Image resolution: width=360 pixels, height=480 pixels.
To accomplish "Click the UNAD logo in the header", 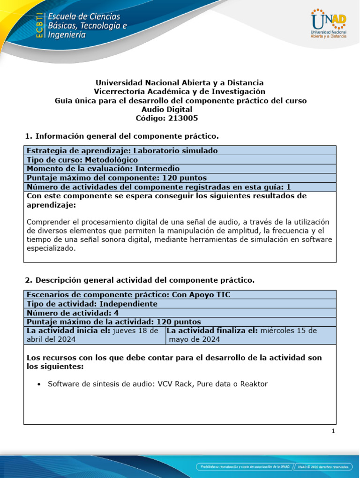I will [x=328, y=23].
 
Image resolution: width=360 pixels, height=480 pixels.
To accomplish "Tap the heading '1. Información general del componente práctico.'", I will [x=121, y=136].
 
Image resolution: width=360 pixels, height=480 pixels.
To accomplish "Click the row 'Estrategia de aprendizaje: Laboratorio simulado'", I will [x=122, y=150].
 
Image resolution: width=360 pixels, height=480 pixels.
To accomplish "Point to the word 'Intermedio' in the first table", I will [x=157, y=169].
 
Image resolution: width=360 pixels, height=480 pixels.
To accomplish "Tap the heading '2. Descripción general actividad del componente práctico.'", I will [x=139, y=280].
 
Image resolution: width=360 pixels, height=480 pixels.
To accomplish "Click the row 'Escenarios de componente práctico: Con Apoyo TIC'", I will [x=128, y=294].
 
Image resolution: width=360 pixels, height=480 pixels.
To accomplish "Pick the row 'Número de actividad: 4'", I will [x=75, y=313].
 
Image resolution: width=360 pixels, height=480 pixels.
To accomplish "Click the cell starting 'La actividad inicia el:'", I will [x=94, y=335].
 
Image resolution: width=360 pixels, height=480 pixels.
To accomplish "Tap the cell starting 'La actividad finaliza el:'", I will [x=250, y=335].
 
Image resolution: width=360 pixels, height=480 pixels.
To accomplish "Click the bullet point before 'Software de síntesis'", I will [x=39, y=384].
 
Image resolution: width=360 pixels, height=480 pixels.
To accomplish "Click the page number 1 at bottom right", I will [x=333, y=432].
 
